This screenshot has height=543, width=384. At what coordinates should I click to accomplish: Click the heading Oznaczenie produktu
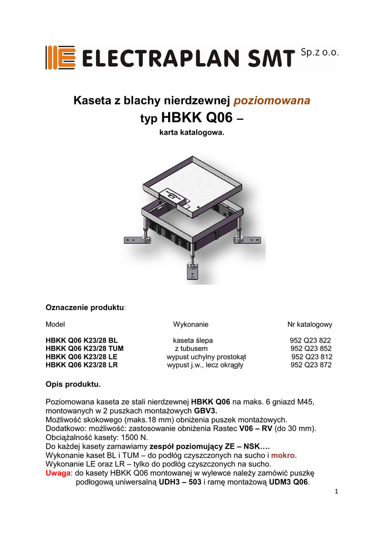tap(85, 308)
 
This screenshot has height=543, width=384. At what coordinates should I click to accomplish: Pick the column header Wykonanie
tap(190, 324)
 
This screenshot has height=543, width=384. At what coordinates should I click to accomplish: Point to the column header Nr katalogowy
tap(310, 324)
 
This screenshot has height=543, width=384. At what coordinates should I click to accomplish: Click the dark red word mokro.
tap(284, 455)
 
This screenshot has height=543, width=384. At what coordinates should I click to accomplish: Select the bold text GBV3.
tap(206, 410)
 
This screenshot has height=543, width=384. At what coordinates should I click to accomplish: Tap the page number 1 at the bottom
tap(336, 491)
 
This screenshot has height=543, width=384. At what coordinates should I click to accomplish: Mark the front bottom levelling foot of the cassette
tap(191, 271)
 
